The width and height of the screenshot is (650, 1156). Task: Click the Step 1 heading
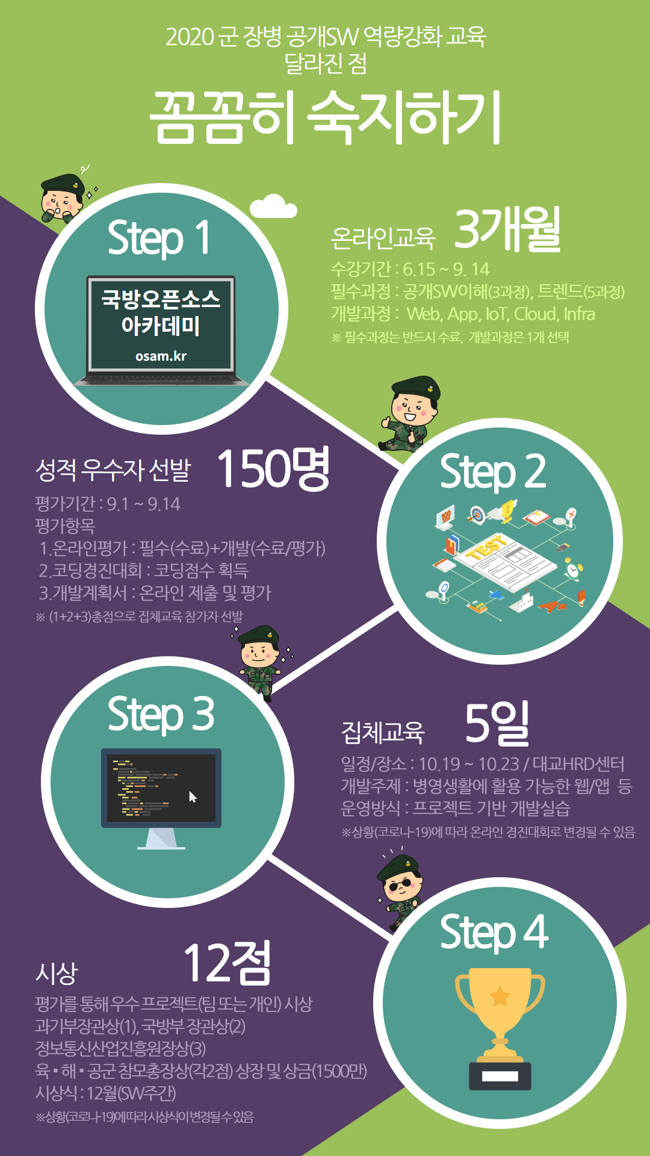[159, 237]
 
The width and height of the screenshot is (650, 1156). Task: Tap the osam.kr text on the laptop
[161, 356]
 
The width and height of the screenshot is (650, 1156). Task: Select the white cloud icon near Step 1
[273, 207]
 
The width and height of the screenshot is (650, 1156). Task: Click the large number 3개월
[507, 229]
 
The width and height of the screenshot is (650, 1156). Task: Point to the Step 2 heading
[493, 472]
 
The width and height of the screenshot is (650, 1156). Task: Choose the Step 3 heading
[161, 715]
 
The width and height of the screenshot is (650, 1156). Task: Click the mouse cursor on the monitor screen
[193, 797]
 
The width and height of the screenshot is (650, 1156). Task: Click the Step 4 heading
[494, 932]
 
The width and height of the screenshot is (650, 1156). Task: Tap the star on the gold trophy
[500, 996]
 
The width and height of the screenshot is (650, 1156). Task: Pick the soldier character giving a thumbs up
[409, 414]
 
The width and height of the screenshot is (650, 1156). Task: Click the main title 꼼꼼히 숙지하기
[325, 117]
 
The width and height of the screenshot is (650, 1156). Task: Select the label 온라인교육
[383, 238]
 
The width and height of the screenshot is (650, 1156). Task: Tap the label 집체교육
[383, 732]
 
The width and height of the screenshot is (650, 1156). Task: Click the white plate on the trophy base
[500, 1076]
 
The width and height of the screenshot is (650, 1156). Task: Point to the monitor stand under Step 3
[161, 838]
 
